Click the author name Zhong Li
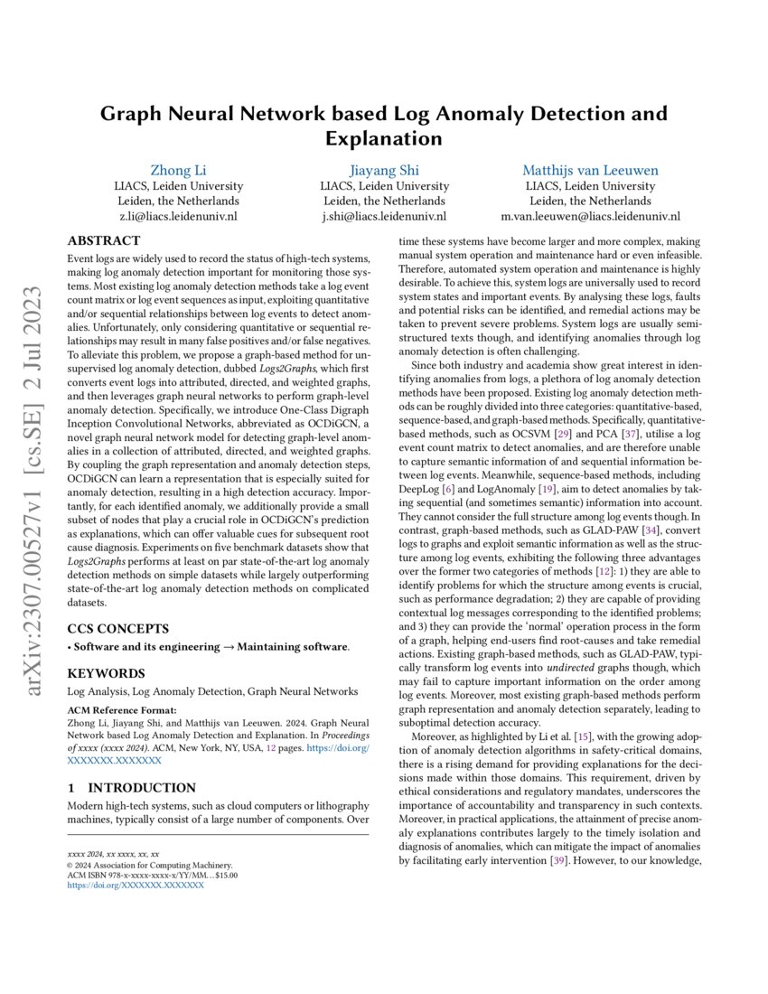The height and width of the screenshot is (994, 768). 177,170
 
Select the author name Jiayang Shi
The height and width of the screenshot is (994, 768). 384,170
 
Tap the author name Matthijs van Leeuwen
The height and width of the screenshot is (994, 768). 590,170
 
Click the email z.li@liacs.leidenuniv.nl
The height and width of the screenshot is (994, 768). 177,217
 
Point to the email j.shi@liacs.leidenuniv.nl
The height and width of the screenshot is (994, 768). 384,217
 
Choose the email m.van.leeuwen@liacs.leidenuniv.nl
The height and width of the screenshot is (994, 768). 590,217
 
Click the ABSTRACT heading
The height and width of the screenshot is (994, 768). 104,241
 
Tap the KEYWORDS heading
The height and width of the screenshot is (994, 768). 106,673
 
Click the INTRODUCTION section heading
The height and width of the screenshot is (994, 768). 132,787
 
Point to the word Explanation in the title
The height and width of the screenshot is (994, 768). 383,138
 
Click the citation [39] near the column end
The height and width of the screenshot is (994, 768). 560,862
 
